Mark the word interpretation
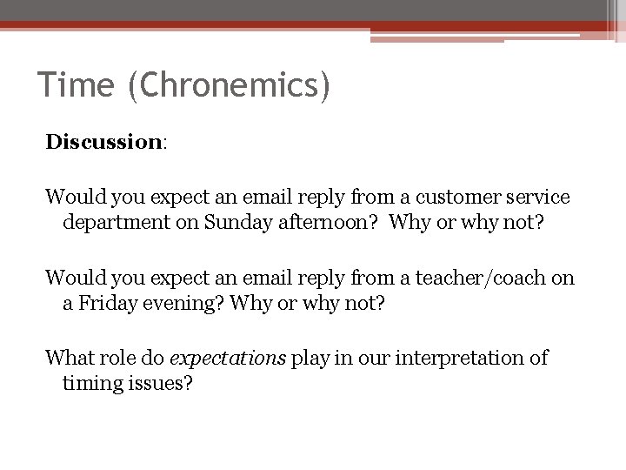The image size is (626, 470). pyautogui.click(x=469, y=358)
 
